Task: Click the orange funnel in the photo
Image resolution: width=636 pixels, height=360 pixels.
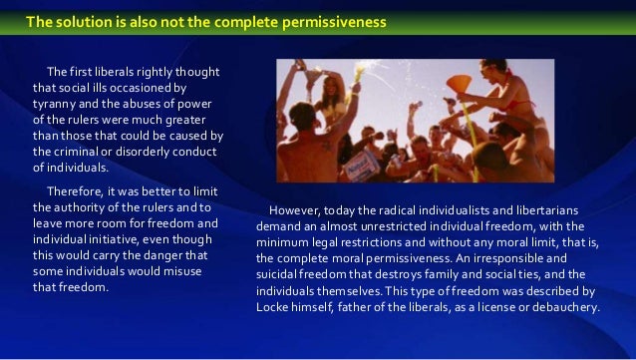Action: (x=460, y=84)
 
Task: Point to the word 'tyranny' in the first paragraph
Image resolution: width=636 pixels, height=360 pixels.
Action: (x=59, y=104)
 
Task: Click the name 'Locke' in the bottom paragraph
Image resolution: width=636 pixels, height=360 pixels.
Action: (x=276, y=306)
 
